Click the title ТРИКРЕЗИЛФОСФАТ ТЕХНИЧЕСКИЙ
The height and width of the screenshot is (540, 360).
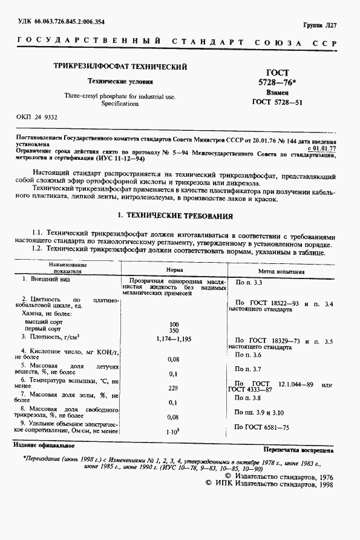pos(121,66)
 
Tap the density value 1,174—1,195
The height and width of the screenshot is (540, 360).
pos(173,340)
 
